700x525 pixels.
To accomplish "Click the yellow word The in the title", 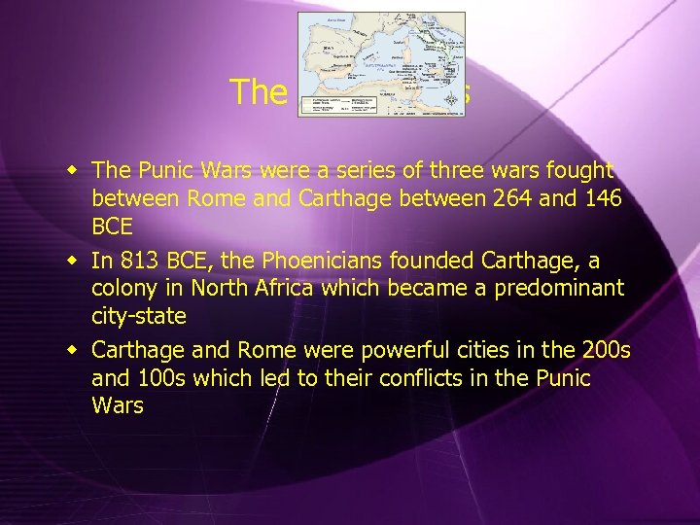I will click(259, 92).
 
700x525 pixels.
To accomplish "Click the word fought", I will click(579, 170).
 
